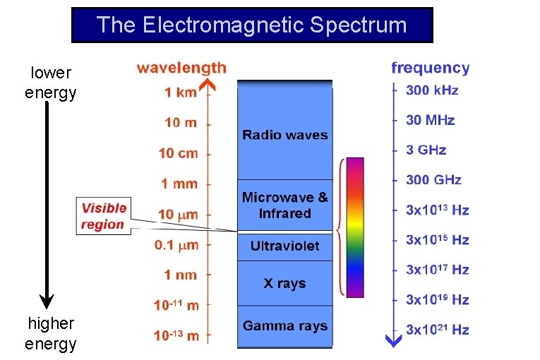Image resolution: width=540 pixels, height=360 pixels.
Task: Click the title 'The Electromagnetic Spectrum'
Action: [252, 25]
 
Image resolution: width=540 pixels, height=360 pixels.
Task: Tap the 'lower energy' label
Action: [50, 83]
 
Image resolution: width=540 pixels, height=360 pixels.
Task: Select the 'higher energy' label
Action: [50, 333]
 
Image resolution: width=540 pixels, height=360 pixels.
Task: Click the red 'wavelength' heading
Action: [181, 68]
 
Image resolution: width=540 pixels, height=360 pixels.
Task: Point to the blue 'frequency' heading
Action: [430, 68]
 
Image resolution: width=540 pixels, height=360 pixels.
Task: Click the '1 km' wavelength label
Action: [181, 92]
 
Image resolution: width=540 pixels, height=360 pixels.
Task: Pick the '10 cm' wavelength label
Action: [178, 153]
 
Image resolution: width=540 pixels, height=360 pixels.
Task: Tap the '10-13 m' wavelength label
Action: [176, 335]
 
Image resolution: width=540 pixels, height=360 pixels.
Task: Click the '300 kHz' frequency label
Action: [432, 90]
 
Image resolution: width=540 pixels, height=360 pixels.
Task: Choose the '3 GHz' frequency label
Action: [426, 150]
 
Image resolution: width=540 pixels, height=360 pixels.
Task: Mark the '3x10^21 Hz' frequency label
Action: [437, 330]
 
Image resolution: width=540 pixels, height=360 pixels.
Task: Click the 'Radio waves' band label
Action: [285, 135]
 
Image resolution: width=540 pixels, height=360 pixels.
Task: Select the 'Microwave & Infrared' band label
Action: [285, 205]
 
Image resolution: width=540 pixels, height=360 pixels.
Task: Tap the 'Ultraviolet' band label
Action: [285, 246]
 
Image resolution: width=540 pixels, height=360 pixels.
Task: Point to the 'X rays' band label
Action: [285, 283]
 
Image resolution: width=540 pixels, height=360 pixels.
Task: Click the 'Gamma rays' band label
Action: [285, 325]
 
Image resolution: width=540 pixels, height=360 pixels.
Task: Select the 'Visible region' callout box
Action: [103, 216]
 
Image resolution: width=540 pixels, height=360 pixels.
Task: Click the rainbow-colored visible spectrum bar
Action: [355, 227]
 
